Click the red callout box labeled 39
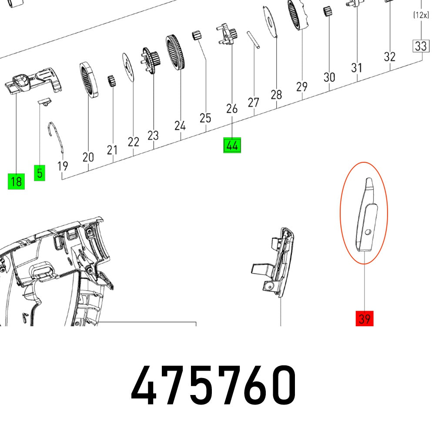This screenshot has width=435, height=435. click(x=364, y=319)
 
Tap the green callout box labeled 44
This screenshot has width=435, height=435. click(x=232, y=146)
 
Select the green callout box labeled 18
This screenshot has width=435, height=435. click(x=16, y=181)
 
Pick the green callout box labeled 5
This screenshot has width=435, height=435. click(x=40, y=173)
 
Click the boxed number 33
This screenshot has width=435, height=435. click(x=421, y=46)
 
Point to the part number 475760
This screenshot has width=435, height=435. click(x=214, y=385)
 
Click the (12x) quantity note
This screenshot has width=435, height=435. click(x=421, y=16)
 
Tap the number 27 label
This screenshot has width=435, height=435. click(x=254, y=103)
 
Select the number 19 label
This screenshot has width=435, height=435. click(x=63, y=166)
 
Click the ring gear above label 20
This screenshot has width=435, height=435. click(x=88, y=79)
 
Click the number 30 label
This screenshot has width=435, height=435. click(x=329, y=77)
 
